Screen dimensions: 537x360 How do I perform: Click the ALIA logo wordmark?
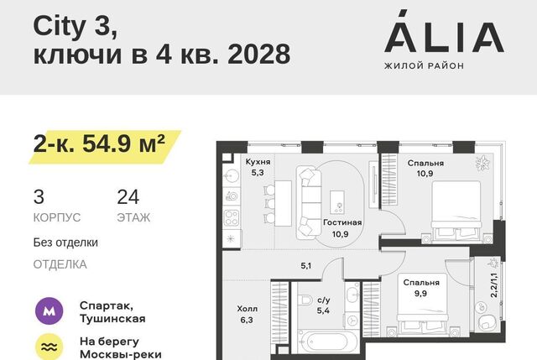[444, 32]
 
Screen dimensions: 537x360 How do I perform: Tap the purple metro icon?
[50, 311]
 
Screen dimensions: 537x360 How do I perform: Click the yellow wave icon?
[50, 347]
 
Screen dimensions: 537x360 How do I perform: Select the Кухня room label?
[258, 162]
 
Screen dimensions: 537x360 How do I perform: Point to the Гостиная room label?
[342, 222]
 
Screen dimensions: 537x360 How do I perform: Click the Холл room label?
[248, 309]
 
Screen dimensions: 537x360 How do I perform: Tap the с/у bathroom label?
[324, 300]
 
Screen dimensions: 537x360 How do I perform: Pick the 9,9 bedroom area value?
[420, 294]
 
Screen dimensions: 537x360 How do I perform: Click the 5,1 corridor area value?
[305, 265]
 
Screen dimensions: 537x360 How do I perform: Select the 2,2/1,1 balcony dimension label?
[493, 285]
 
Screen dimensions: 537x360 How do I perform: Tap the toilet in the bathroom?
[304, 300]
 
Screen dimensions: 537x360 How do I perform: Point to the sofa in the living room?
[310, 203]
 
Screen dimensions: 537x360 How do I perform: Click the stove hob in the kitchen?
[232, 218]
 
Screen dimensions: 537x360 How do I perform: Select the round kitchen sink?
[231, 177]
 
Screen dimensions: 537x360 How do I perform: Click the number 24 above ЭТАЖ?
[128, 197]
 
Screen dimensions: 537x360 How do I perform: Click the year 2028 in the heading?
[259, 54]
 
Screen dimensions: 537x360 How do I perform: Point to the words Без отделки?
[65, 243]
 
